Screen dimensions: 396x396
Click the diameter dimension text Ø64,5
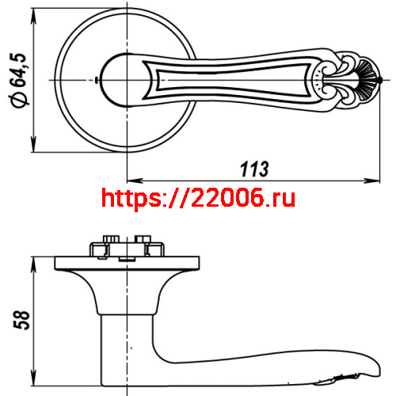[21, 79]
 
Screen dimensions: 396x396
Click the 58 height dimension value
[23, 318]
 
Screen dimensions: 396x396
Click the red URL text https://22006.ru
[199, 198]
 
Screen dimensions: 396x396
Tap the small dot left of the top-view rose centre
[96, 80]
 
